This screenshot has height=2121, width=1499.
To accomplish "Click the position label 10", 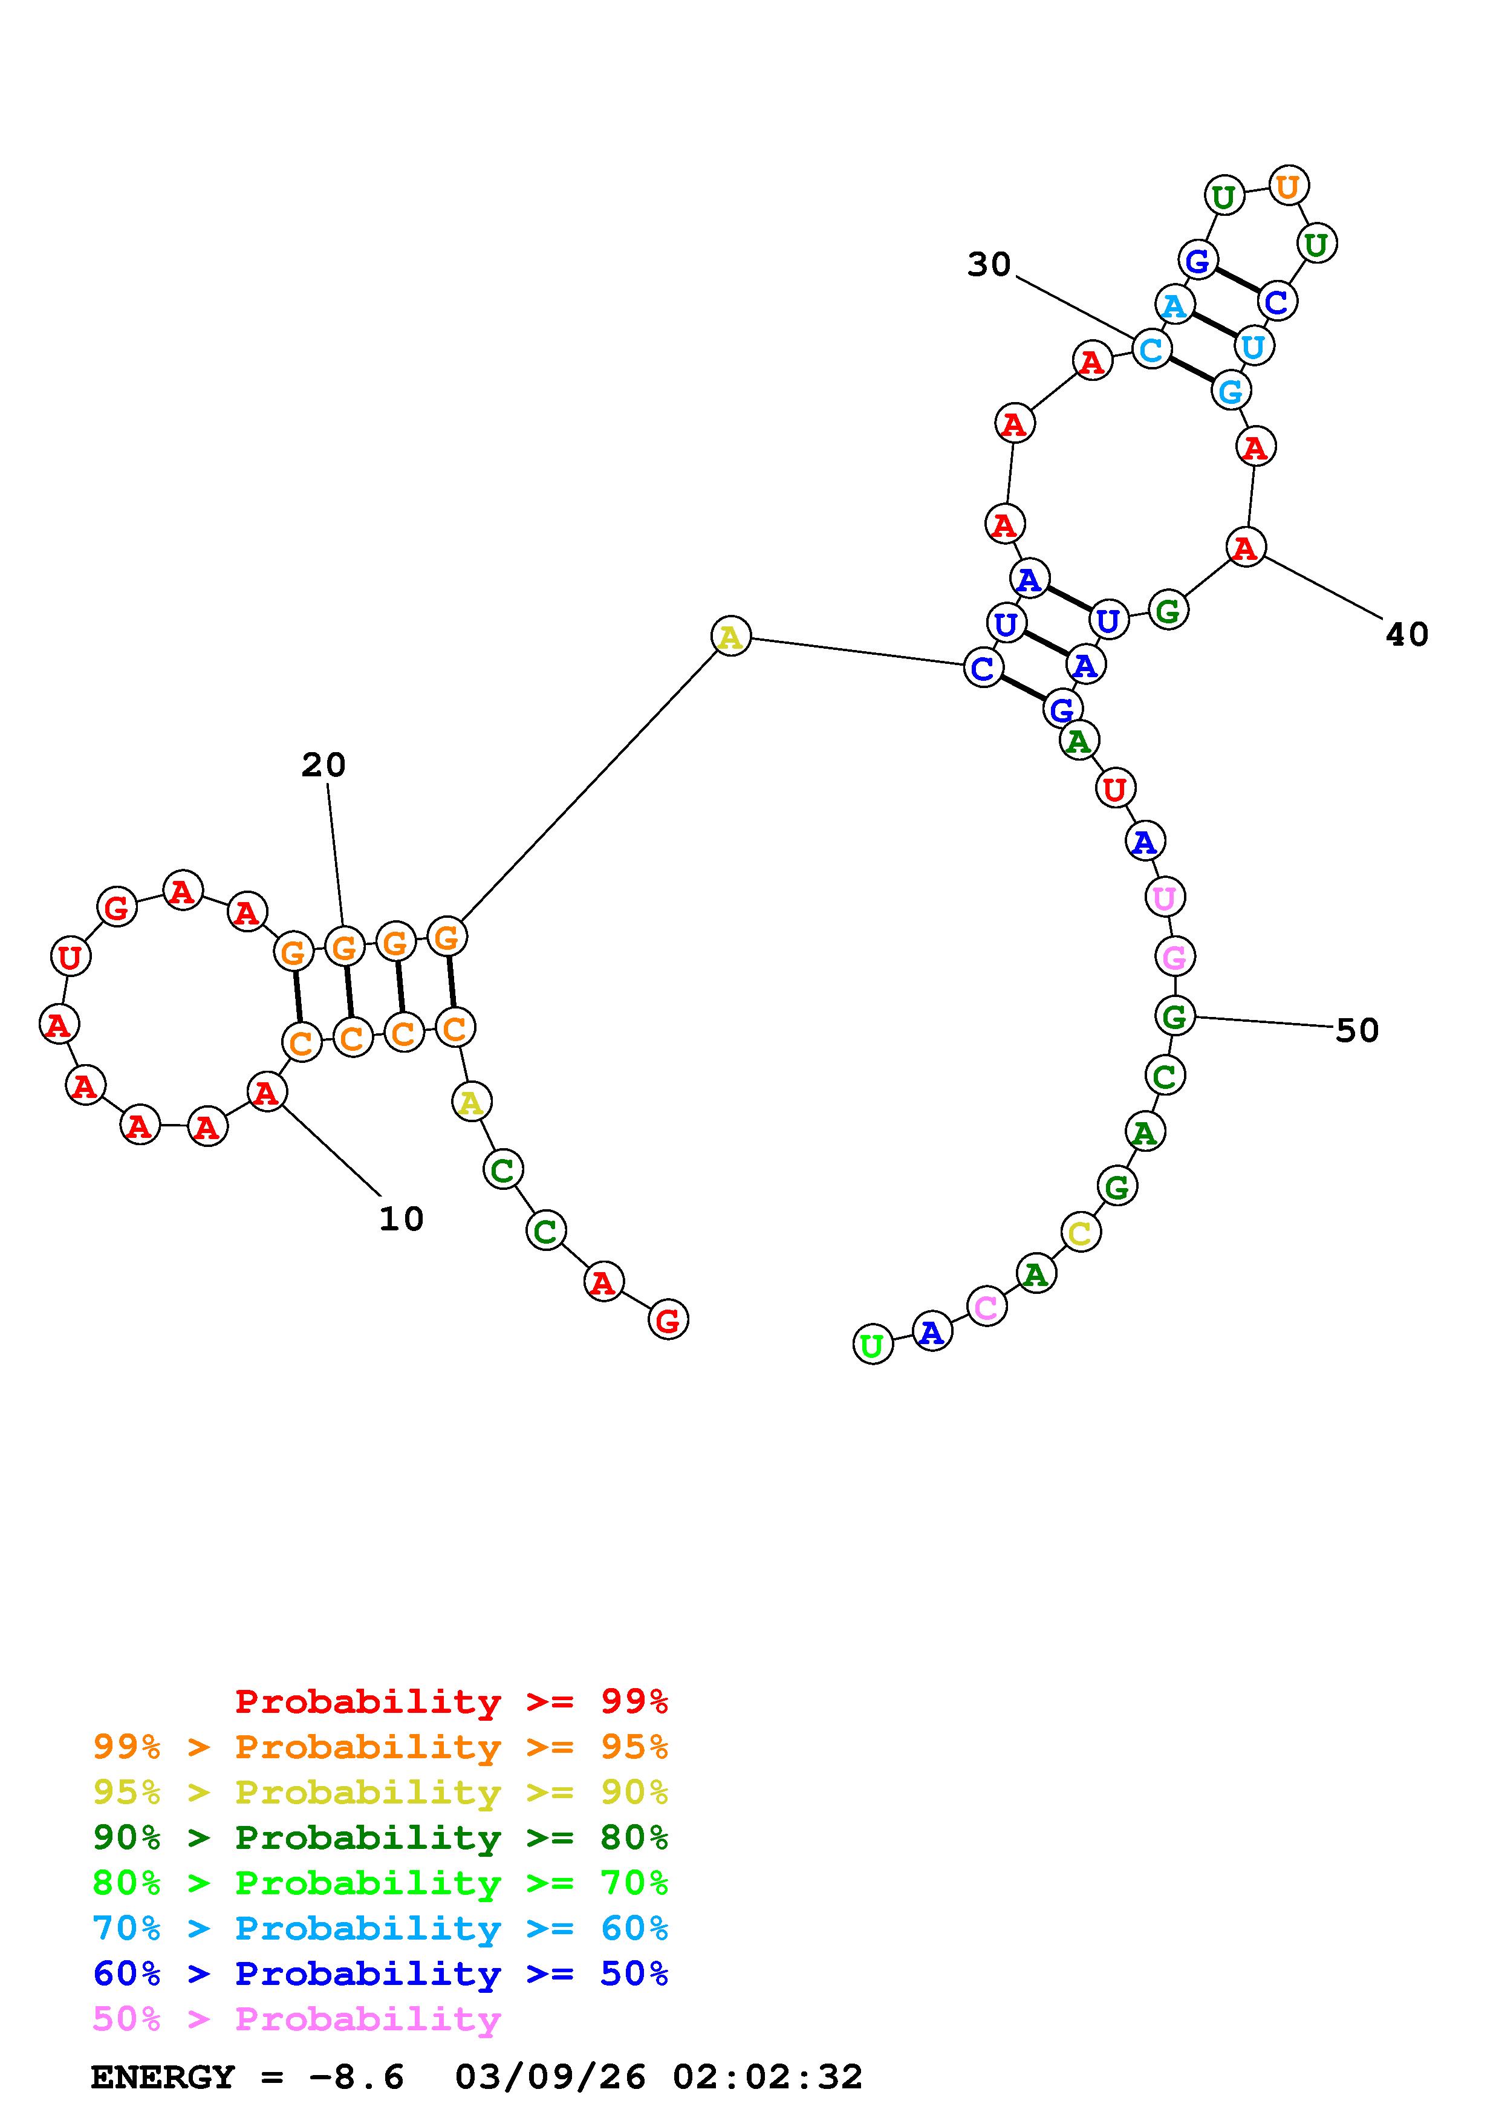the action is (401, 1220).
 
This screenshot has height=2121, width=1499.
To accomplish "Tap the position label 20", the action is (324, 765).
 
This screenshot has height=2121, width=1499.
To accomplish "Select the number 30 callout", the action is (989, 265).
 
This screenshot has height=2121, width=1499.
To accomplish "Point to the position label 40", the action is (1406, 635).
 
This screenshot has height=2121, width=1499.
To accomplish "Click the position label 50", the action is (1357, 1030).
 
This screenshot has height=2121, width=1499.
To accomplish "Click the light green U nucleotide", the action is (872, 1346).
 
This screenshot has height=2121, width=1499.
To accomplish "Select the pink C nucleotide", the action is (986, 1307).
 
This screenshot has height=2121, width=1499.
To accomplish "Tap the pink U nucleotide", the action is (1165, 897).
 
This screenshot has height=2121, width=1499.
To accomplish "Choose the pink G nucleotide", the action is (1174, 957).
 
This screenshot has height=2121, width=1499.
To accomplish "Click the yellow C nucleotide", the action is (1080, 1232).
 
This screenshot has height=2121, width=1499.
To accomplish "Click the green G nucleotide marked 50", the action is (1174, 1017).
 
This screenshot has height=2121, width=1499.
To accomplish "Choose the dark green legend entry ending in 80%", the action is (380, 1837).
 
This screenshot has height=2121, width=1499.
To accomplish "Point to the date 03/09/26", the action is (550, 2077).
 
